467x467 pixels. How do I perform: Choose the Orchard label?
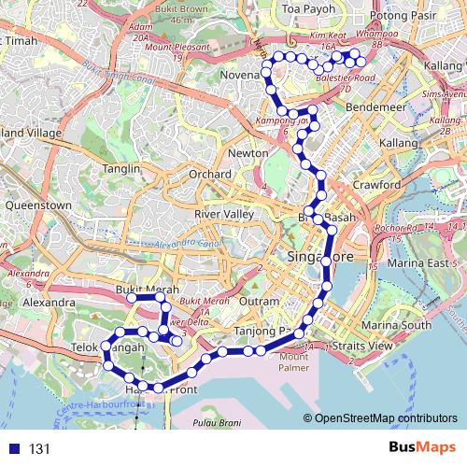pos(208,175)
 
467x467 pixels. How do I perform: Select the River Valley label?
pos(218,214)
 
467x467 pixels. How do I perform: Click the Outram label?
pos(259,302)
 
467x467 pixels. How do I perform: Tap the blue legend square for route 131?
pos(13,449)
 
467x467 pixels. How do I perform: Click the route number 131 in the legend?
pos(38,449)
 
